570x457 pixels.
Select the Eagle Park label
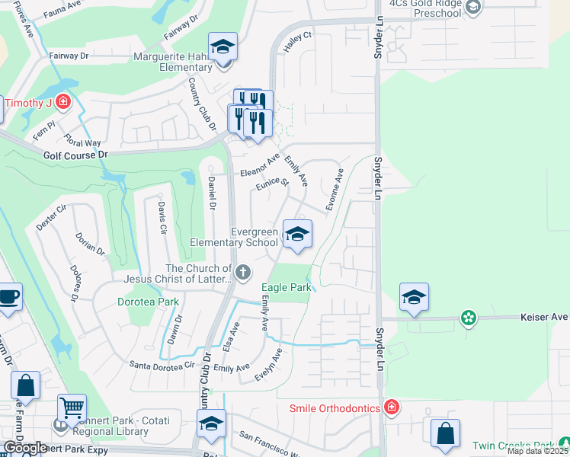click(x=286, y=288)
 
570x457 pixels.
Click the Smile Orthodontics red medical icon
click(x=391, y=408)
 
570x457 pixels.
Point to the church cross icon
click(x=243, y=272)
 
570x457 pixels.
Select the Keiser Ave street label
click(x=544, y=317)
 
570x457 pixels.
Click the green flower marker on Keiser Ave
click(x=468, y=317)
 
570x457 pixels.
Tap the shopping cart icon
click(x=72, y=410)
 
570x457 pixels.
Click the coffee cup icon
click(x=8, y=297)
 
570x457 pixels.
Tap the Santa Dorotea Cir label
click(x=162, y=365)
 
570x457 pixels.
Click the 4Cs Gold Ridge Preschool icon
click(x=473, y=8)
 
